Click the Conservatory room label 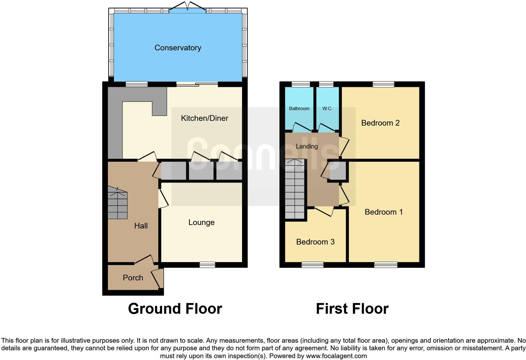tap(178, 48)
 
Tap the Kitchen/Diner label tap(204, 118)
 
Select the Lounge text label tap(201, 222)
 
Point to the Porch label tap(133, 278)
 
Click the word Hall tap(141, 226)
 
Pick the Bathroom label tap(299, 109)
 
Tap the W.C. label tap(327, 109)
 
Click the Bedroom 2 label tap(380, 123)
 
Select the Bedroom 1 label tap(383, 212)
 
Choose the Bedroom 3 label tap(315, 242)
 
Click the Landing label tap(307, 146)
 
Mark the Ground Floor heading tap(175, 309)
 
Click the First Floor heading tap(352, 309)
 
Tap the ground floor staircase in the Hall tap(118, 203)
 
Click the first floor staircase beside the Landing tap(295, 189)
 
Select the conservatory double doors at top tap(187, 7)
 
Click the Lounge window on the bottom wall tap(207, 265)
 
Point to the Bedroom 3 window tap(312, 265)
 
